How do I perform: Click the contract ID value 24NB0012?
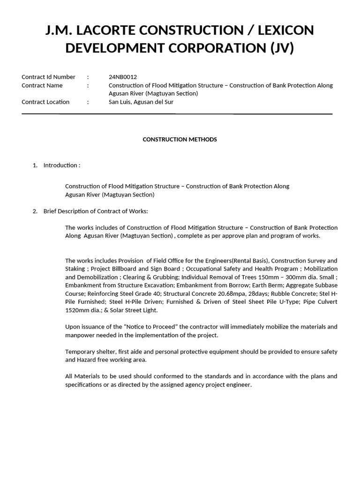coord(123,77)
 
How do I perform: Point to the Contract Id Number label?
coord(48,77)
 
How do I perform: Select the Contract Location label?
coord(45,102)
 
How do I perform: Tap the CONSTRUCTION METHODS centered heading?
coord(180,140)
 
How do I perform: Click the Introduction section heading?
coord(61,165)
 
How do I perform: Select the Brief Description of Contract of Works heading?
coord(96,211)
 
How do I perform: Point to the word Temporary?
coord(80,352)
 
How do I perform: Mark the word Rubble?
coord(265,294)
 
